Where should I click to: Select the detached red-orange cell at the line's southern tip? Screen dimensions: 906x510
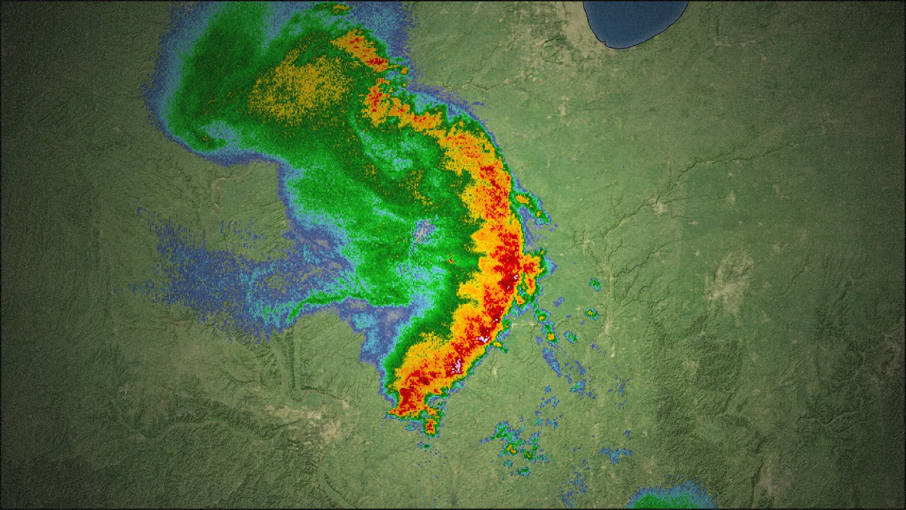click(x=429, y=425)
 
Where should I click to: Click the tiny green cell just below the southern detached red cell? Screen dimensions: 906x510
click(x=426, y=445)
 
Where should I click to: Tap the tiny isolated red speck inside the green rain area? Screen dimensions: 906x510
click(x=450, y=261)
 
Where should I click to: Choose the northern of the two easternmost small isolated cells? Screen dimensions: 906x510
click(x=595, y=284)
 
